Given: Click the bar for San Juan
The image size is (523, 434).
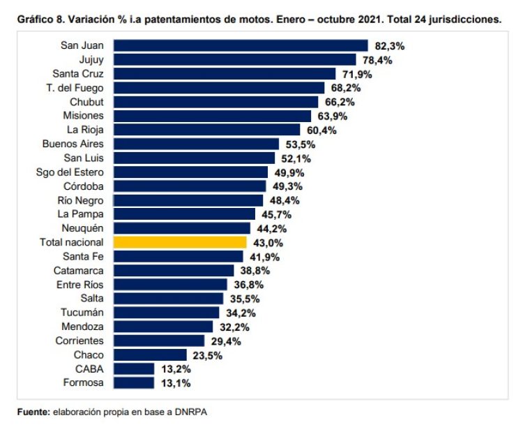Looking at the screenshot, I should click(x=240, y=45).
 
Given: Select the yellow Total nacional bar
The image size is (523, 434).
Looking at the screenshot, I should click(x=180, y=242).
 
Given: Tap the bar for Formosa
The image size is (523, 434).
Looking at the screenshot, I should click(x=133, y=383).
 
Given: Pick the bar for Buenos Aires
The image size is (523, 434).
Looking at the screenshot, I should click(x=196, y=144).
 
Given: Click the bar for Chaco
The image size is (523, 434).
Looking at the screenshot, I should click(x=150, y=355).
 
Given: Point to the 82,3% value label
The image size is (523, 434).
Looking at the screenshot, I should click(x=390, y=45).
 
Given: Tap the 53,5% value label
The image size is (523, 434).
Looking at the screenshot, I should click(x=301, y=144).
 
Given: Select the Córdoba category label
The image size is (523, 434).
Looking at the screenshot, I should click(x=84, y=186).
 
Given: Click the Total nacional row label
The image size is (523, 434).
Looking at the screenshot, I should click(x=72, y=242).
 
